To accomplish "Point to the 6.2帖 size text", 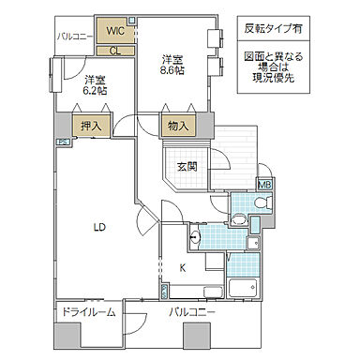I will pyautogui.click(x=94, y=90).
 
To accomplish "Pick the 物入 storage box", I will pyautogui.click(x=178, y=125).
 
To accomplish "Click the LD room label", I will pyautogui.click(x=98, y=226).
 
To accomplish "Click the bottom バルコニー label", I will pyautogui.click(x=192, y=310).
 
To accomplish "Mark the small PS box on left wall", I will pyautogui.click(x=62, y=142).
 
